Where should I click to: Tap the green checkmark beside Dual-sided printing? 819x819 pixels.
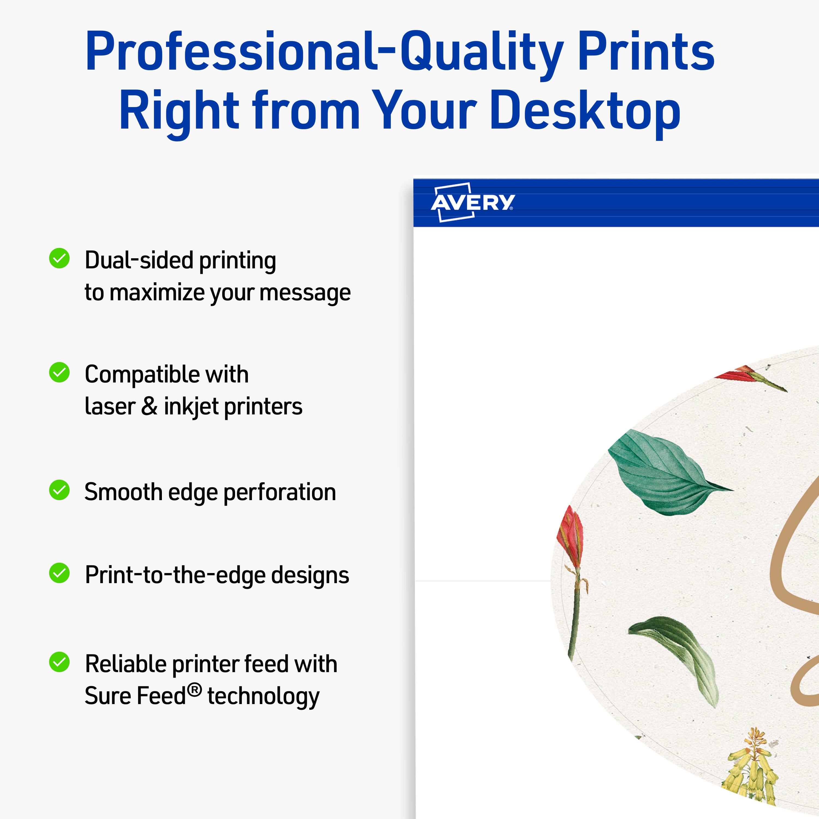pos(59,258)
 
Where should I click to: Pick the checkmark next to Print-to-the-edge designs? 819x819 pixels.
pos(59,573)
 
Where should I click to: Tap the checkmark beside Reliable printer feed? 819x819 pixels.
pos(59,662)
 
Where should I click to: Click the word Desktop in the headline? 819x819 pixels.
pos(585,111)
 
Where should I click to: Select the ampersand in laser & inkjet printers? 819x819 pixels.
pos(149,406)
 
